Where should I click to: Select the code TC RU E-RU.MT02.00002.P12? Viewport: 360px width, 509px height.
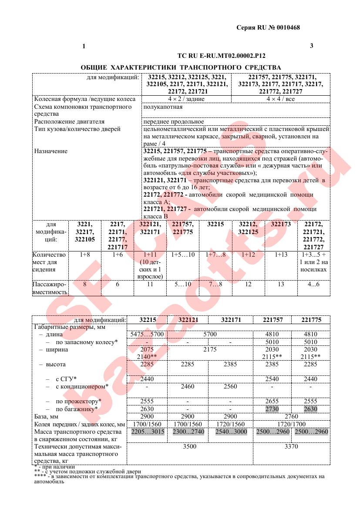click(x=222, y=56)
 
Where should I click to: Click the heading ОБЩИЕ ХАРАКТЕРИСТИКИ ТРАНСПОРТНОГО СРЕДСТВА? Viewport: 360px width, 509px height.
click(x=181, y=67)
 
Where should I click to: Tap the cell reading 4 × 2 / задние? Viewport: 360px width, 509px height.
click(x=186, y=99)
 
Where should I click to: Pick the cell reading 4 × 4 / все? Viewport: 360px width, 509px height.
click(x=280, y=99)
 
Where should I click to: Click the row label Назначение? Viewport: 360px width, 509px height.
click(x=51, y=151)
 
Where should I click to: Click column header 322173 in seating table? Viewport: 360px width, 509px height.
click(x=281, y=224)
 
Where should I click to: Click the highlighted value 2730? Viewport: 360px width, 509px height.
click(x=273, y=409)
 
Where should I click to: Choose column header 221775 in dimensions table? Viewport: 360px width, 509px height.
click(x=311, y=320)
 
